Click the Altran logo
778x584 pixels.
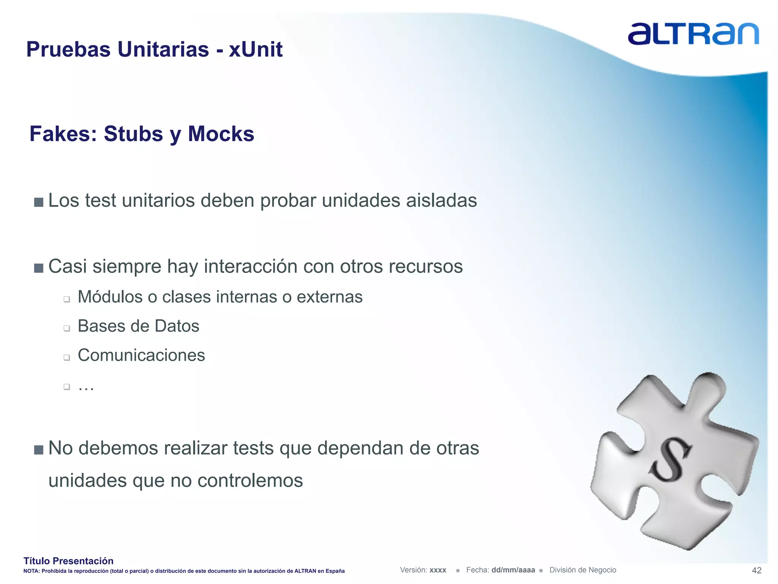click(x=693, y=34)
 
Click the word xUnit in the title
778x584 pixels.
click(x=256, y=49)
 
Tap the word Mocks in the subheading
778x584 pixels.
click(x=221, y=134)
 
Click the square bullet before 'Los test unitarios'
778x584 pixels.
click(x=38, y=202)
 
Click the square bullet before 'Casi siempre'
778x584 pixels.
click(x=38, y=268)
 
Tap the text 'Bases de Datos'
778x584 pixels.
click(x=138, y=326)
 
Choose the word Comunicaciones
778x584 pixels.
click(x=141, y=355)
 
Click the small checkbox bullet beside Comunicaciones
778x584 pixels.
click(x=67, y=357)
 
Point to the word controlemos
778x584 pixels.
click(x=250, y=480)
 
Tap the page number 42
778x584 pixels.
click(x=756, y=570)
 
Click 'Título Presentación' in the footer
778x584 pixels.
click(x=68, y=561)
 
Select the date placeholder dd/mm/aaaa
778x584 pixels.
click(x=513, y=570)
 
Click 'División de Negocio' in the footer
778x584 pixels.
click(x=582, y=570)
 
